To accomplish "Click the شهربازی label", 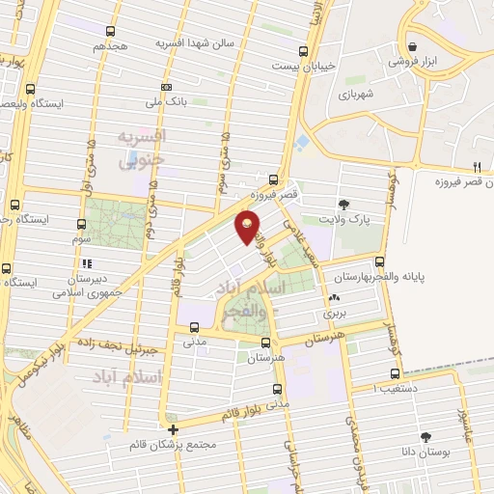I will point(355,94).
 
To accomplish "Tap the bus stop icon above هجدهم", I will point(110,31).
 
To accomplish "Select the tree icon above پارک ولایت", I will point(343,204).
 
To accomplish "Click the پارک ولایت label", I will point(348,219).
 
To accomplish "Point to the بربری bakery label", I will point(335,314).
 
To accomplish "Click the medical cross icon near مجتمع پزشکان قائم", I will point(173,429).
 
